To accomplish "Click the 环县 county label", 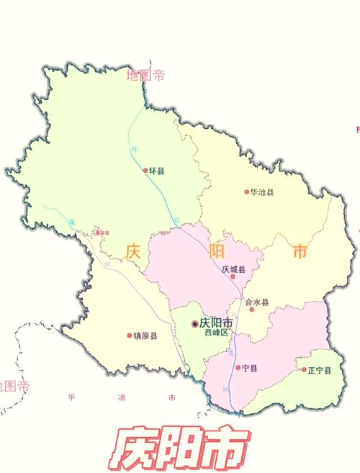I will (x=157, y=171).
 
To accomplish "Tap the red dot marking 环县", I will (x=145, y=171).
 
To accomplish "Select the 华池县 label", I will (x=262, y=192).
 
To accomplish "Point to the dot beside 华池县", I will (x=246, y=192).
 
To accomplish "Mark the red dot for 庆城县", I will (x=233, y=276).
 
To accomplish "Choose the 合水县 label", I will (x=257, y=302).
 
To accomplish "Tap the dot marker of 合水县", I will (x=252, y=310).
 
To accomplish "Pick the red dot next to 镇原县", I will (x=130, y=335).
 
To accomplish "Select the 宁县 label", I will (x=250, y=368).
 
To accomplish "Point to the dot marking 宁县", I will (x=238, y=368).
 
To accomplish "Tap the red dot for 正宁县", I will (x=304, y=370).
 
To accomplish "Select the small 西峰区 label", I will (x=215, y=333).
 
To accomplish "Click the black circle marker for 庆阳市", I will (x=194, y=324).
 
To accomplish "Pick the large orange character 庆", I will (x=133, y=252).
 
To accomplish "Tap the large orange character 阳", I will (x=216, y=252).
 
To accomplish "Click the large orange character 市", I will (x=300, y=252).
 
